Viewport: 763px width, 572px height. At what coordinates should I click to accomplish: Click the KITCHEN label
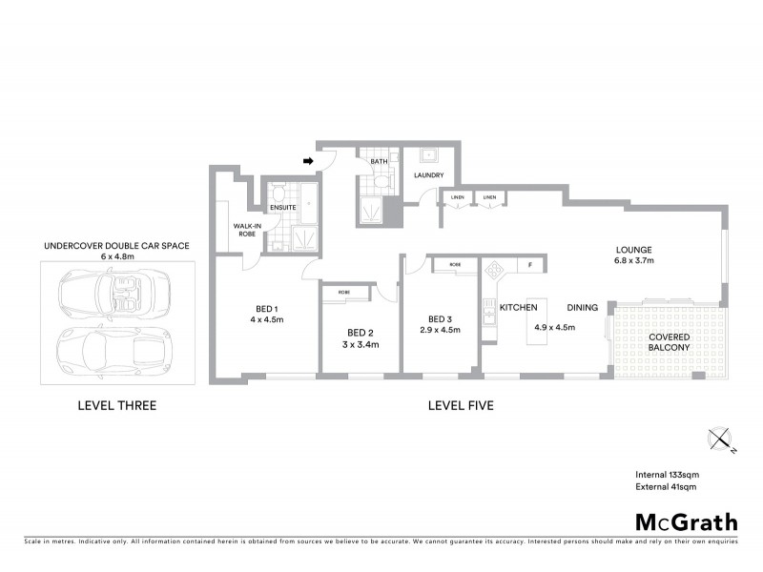(519, 308)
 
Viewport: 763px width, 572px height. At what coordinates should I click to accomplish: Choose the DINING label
(582, 308)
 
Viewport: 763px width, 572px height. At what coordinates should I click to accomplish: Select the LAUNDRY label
(430, 175)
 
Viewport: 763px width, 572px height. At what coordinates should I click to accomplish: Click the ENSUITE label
(282, 206)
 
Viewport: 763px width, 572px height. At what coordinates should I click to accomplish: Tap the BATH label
(379, 162)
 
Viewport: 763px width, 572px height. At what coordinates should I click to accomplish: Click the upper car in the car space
(113, 290)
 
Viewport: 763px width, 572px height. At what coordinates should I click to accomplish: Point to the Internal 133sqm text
(670, 475)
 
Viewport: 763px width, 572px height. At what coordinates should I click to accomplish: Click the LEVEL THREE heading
(116, 406)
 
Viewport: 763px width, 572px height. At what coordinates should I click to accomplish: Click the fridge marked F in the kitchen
(528, 264)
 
